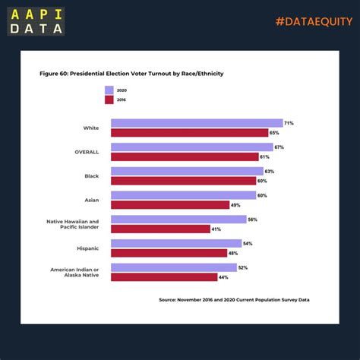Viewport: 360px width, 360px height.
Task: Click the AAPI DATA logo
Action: click(x=37, y=21)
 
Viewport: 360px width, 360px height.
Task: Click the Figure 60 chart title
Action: click(x=131, y=74)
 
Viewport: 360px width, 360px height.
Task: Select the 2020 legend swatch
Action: click(x=109, y=90)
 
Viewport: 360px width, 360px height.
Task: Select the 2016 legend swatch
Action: click(x=109, y=99)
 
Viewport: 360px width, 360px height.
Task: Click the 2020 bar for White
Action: click(x=196, y=123)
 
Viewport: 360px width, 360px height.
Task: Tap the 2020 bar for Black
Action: click(x=187, y=172)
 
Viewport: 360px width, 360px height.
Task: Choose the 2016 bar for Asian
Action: click(x=170, y=205)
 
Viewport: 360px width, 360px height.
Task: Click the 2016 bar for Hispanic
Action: click(x=169, y=253)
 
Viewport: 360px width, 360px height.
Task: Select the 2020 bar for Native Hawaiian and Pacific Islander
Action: click(x=178, y=219)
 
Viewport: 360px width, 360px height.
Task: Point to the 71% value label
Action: click(x=289, y=123)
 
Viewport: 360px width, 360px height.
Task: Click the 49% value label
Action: click(x=236, y=205)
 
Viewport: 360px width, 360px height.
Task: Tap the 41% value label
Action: click(x=216, y=229)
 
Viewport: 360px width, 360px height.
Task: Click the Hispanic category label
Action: click(x=87, y=248)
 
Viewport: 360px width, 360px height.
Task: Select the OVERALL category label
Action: click(x=86, y=152)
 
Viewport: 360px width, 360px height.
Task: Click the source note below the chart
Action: click(x=234, y=300)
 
